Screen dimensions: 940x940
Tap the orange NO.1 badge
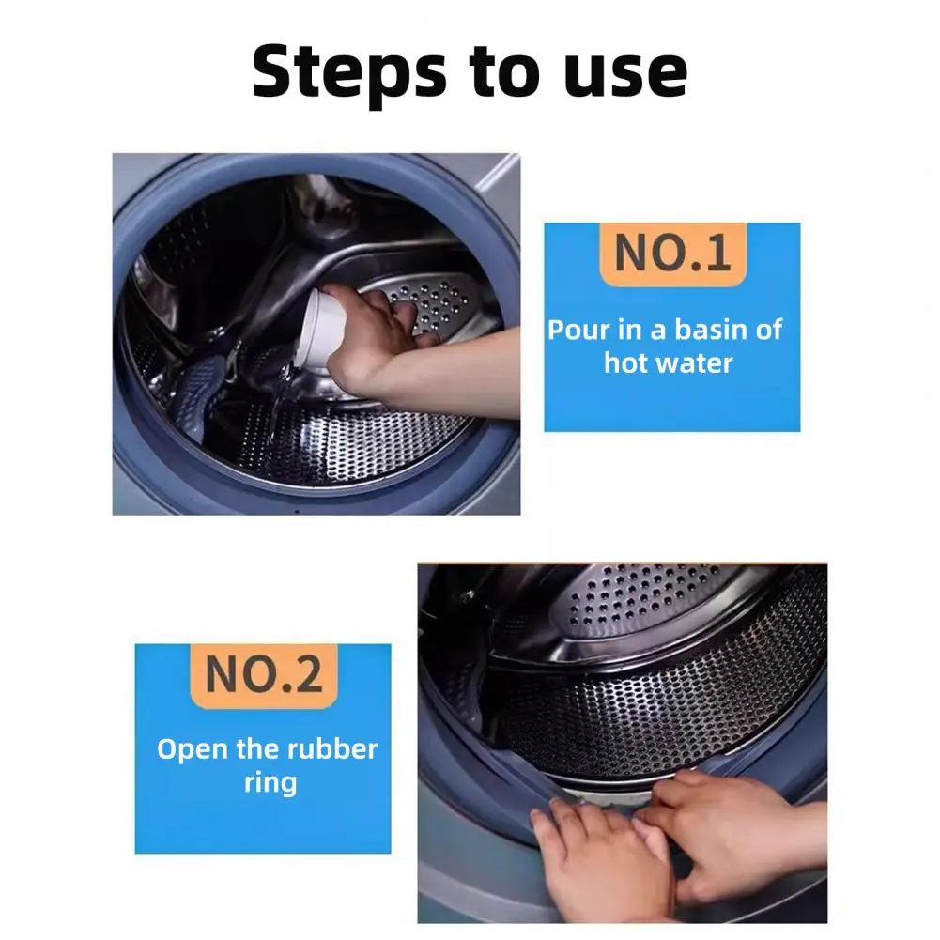672,254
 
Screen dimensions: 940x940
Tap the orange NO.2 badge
264,675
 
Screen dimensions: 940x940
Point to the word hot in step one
625,362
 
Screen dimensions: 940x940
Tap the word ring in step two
270,783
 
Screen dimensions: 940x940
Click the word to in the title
506,72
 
